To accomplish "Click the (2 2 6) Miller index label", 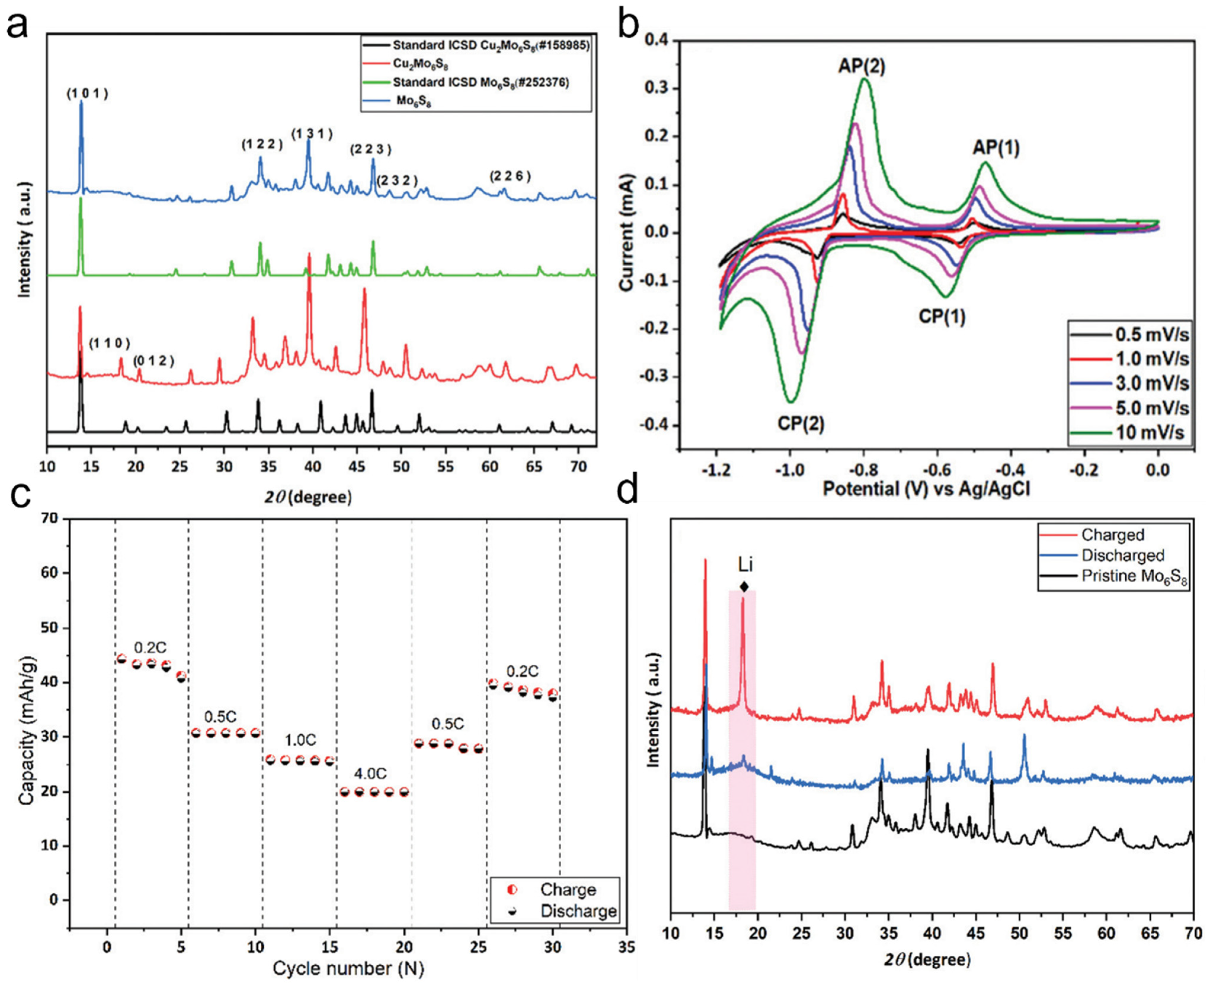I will (510, 177).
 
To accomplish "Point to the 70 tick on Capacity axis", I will (51, 518).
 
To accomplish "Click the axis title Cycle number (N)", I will (348, 968).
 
